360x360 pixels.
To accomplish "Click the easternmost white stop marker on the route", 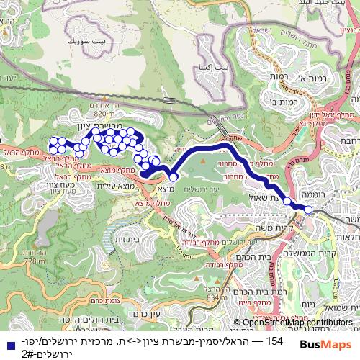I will (309, 210).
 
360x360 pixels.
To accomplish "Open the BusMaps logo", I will (325, 346).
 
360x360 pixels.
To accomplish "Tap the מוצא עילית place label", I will (112, 186).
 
